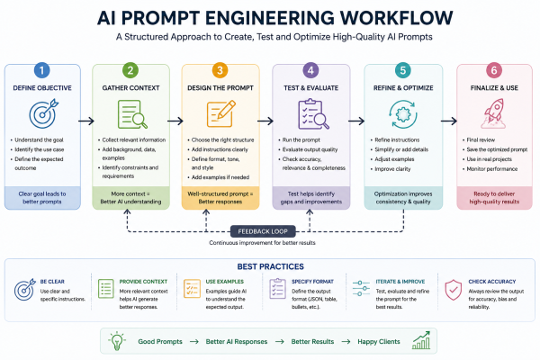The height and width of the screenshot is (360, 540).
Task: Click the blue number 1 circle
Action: pyautogui.click(x=42, y=70)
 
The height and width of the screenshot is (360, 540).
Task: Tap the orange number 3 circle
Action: pyautogui.click(x=220, y=70)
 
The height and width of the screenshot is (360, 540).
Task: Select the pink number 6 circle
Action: pyautogui.click(x=494, y=70)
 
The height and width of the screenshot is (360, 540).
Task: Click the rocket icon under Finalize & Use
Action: pyautogui.click(x=494, y=113)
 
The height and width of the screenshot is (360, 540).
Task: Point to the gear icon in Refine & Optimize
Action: pyautogui.click(x=403, y=114)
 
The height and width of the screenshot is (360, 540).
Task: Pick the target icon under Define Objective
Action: pyautogui.click(x=43, y=113)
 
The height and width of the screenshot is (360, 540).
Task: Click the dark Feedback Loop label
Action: pyautogui.click(x=263, y=231)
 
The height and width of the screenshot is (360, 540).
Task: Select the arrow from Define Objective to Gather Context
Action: pyautogui.click(x=86, y=121)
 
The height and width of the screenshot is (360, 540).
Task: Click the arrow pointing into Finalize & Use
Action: pyautogui.click(x=449, y=121)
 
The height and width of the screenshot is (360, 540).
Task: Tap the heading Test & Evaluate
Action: pyautogui.click(x=311, y=88)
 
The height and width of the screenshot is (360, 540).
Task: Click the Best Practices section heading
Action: pyautogui.click(x=270, y=266)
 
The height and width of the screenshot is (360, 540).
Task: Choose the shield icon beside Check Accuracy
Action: pyautogui.click(x=454, y=290)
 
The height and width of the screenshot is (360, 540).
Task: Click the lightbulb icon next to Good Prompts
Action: pyautogui.click(x=117, y=341)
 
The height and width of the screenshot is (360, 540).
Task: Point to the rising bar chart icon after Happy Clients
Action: pyautogui.click(x=421, y=340)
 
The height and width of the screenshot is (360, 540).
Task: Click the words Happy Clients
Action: pyautogui.click(x=379, y=342)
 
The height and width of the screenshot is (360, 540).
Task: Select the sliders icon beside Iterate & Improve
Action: pyautogui.click(x=361, y=288)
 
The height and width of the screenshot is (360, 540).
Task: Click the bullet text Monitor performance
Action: pyautogui.click(x=491, y=169)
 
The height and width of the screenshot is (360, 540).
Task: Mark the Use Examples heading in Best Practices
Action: pyautogui.click(x=224, y=282)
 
